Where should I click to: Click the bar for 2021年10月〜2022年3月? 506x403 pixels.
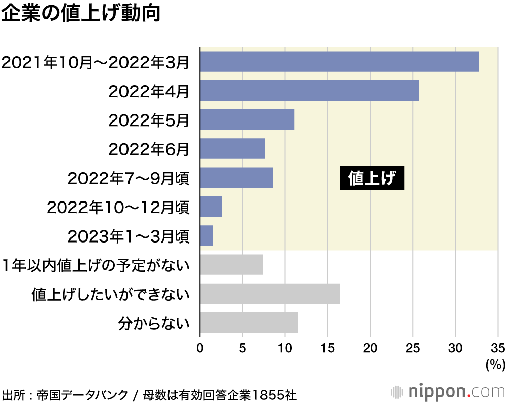339,61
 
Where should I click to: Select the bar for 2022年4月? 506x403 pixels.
309,91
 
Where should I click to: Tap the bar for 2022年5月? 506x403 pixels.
247,119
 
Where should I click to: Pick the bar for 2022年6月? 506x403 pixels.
232,149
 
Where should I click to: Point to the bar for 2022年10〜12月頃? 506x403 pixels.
211,207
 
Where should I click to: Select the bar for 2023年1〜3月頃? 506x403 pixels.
206,236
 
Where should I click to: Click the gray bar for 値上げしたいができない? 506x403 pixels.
270,294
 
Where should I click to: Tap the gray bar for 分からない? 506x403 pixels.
249,323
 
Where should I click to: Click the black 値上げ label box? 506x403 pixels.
372,178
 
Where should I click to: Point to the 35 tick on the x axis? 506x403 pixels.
498,348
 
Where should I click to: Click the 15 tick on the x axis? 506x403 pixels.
328,348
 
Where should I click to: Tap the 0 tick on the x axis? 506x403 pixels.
200,348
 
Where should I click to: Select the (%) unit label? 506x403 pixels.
495,364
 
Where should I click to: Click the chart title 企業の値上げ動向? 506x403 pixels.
81,14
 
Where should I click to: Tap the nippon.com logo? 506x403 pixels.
448,392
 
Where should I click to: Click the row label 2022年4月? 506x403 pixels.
149,91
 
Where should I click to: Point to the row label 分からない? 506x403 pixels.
153,323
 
